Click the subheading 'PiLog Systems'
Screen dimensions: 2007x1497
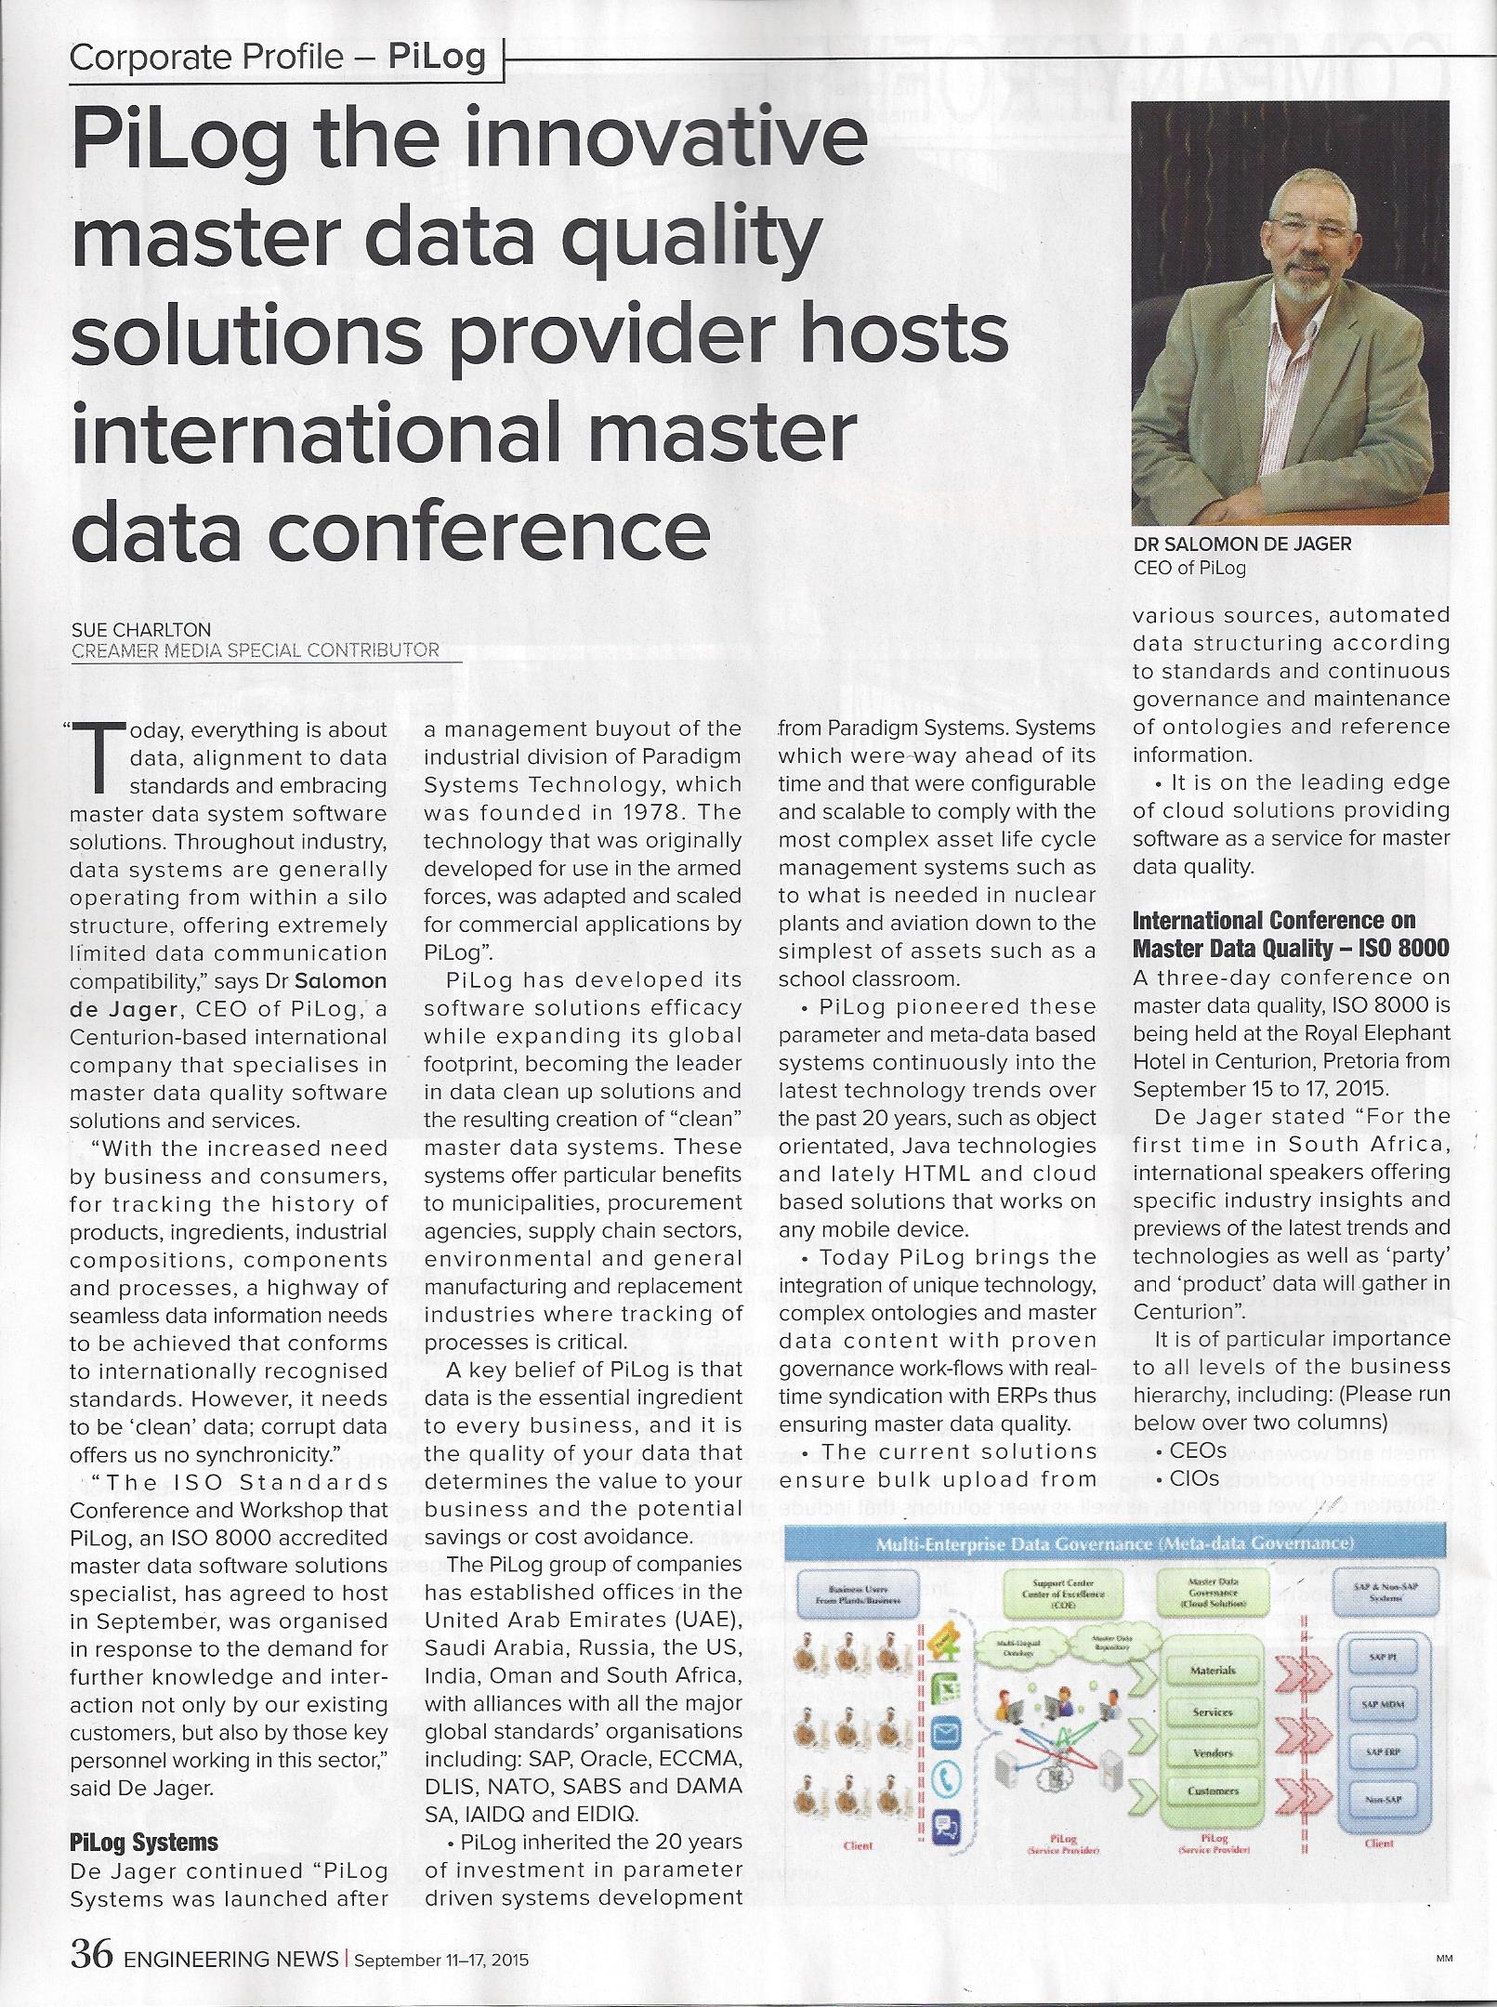(144, 1842)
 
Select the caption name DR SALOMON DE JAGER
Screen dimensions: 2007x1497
(1241, 544)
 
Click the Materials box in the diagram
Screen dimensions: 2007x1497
(1213, 1670)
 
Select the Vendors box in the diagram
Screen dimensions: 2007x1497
(1213, 1752)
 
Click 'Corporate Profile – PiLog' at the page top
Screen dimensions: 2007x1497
(277, 59)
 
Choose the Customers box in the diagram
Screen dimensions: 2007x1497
(1213, 1791)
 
